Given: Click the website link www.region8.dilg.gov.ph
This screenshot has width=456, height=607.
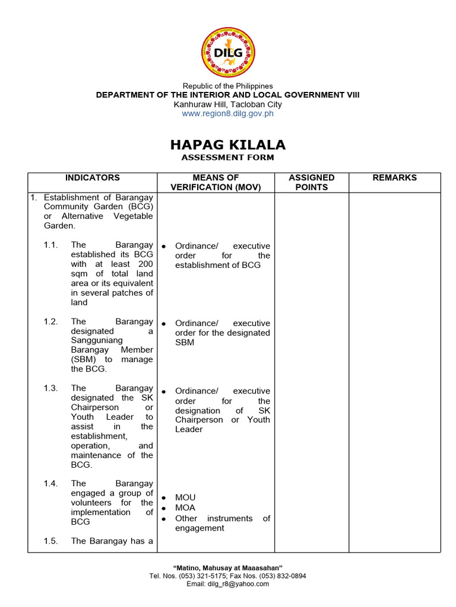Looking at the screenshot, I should click(x=228, y=114).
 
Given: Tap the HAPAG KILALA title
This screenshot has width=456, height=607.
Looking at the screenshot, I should click(x=228, y=145).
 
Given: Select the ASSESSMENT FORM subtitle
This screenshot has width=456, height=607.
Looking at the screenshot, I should click(x=228, y=158).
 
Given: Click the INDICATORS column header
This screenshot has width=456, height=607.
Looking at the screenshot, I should click(x=92, y=178).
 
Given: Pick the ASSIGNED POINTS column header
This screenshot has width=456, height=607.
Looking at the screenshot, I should click(x=311, y=183).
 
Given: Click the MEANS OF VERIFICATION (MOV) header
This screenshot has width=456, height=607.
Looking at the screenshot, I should click(x=216, y=183).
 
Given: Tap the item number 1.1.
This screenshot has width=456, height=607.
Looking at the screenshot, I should click(x=50, y=245).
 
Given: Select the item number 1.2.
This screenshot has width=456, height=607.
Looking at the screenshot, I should click(x=50, y=322).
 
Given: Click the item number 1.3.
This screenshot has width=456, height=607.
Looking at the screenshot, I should click(x=50, y=388).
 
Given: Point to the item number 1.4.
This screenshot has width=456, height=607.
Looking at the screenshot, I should click(x=50, y=484).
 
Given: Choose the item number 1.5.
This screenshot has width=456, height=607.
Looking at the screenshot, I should click(x=50, y=541).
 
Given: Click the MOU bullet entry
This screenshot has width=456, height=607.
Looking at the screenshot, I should click(x=185, y=498).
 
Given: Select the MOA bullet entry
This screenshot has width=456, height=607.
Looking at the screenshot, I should click(x=185, y=508).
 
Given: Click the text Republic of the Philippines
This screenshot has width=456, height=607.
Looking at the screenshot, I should click(x=228, y=86).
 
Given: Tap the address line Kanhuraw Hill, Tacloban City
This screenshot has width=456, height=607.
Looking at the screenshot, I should click(x=228, y=104).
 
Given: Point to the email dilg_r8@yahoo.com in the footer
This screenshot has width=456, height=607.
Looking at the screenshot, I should click(x=242, y=584).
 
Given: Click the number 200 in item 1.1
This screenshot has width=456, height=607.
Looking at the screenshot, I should click(x=145, y=264).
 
